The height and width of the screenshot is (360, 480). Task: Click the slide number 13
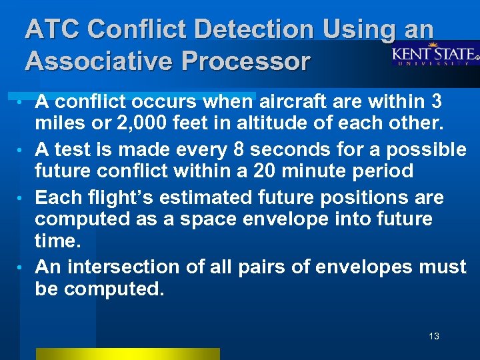coord(434,336)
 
